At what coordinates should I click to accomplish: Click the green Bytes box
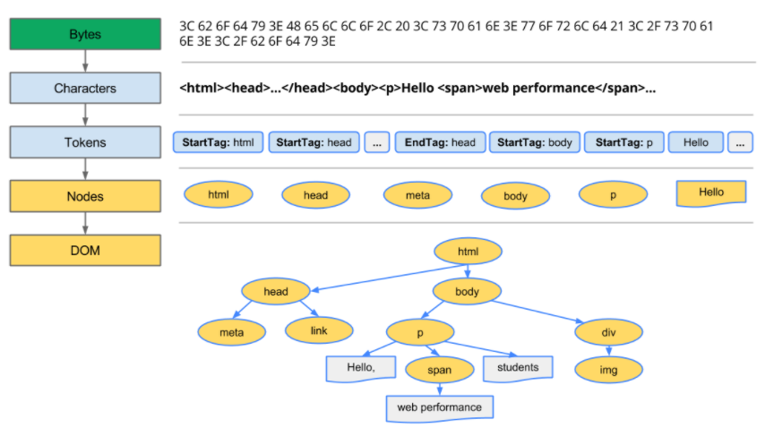coord(85,34)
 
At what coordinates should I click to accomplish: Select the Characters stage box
coord(85,88)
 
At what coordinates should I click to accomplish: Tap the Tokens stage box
coord(85,142)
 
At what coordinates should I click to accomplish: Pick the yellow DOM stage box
coord(85,251)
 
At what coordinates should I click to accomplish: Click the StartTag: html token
coord(218,142)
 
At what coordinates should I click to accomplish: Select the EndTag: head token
coord(441,142)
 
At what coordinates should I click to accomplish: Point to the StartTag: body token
coord(535,142)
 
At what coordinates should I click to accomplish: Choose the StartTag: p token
coord(623,142)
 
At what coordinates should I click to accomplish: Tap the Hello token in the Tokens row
coord(696,142)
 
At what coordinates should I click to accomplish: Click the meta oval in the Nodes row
coord(417,195)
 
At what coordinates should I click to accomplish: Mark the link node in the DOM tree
coord(319,330)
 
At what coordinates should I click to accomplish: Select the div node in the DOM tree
coord(608,332)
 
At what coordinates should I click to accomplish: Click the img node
coord(608,370)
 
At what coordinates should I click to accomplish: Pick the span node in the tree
coord(439,370)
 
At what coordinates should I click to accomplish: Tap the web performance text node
coord(439,408)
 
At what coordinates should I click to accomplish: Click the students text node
coord(518,368)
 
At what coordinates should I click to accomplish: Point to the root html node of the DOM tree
coord(468,252)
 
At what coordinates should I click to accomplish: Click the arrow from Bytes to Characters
coord(85,61)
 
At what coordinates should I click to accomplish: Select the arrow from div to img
coord(608,350)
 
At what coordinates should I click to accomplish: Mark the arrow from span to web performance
coord(439,389)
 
